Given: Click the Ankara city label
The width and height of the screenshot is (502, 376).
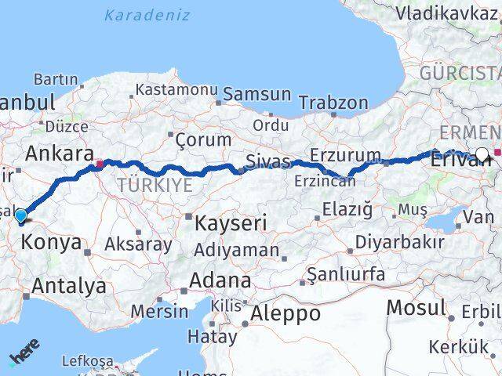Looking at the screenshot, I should click(60, 153).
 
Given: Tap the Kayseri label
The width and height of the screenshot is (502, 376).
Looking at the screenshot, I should click(231, 222).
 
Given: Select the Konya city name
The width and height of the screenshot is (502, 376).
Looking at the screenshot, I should click(51, 243).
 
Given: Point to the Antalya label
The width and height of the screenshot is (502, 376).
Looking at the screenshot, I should click(69, 286).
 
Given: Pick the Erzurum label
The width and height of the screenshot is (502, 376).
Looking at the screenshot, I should click(345, 154).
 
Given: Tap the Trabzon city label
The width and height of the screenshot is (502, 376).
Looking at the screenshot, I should click(333, 103).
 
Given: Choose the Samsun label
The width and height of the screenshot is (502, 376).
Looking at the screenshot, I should click(256, 94).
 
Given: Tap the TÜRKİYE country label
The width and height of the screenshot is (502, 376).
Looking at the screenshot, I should click(155, 186).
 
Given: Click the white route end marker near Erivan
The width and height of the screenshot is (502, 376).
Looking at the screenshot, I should click(482, 154).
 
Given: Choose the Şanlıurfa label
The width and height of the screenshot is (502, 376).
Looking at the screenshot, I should click(346, 274).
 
